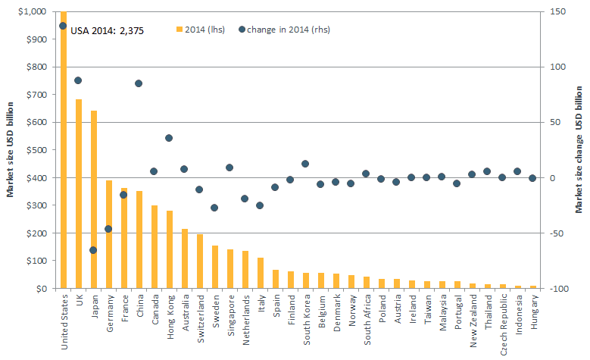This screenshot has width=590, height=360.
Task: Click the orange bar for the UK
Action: (78, 194)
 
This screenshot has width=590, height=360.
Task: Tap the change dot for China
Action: (139, 83)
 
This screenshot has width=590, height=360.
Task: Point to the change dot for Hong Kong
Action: (169, 138)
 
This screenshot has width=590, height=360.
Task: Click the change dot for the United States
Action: (63, 26)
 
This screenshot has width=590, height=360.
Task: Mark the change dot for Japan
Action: (93, 250)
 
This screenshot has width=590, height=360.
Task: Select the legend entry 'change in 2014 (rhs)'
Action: (283, 30)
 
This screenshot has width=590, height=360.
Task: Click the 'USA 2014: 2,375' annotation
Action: (107, 31)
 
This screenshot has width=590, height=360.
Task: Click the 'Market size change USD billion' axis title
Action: (579, 149)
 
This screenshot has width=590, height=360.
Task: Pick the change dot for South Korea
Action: (305, 164)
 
